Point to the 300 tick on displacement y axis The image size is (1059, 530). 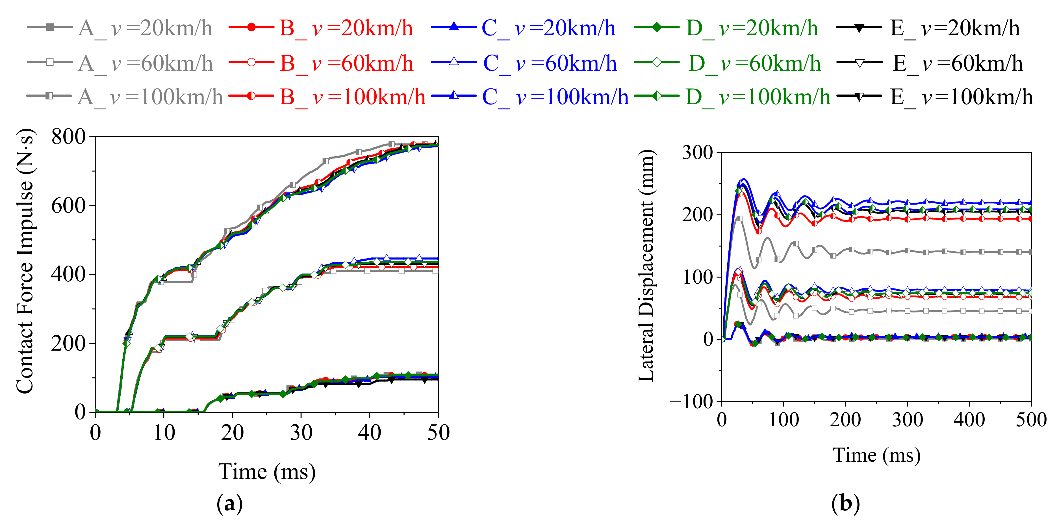[x=697, y=153]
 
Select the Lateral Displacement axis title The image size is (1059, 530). [x=646, y=266]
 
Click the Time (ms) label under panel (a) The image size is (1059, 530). [x=267, y=472]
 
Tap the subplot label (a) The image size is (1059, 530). [x=229, y=503]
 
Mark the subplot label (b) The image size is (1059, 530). [x=845, y=503]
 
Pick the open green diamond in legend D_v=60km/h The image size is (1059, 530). [x=657, y=62]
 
